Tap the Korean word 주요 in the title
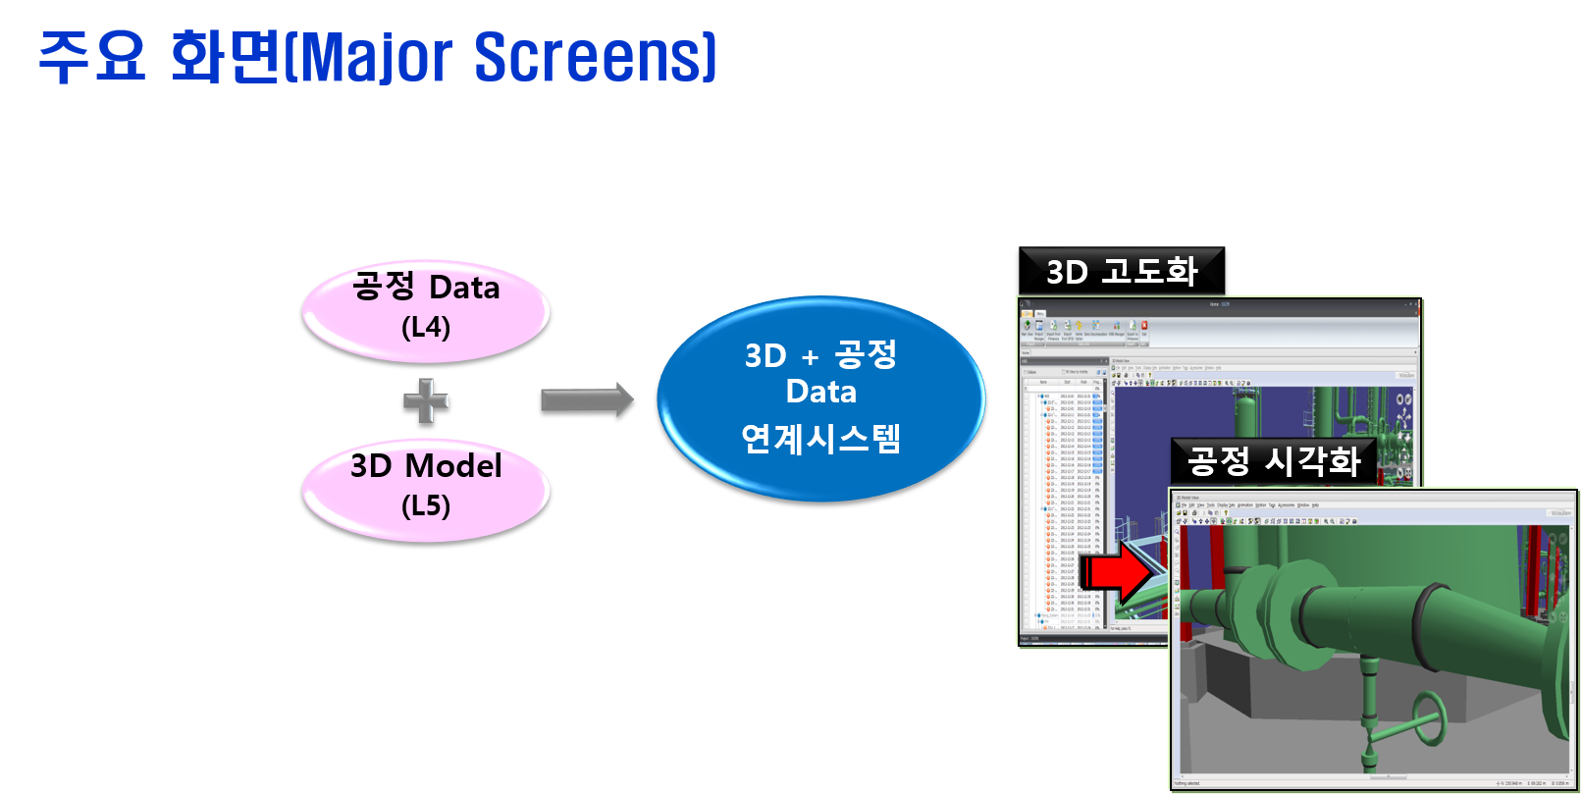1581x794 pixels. coord(91,57)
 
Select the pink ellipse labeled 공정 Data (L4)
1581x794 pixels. coord(426,310)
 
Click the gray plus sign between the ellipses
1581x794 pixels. coord(426,400)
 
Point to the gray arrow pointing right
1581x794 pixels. coord(586,399)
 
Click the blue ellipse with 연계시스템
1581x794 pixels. coord(820,398)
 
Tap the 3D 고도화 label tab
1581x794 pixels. coord(1122,271)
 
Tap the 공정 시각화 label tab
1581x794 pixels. coord(1274,460)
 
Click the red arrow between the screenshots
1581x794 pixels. coord(1119,573)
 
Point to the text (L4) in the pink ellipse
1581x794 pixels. coord(426,327)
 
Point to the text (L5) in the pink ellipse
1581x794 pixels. coord(426,505)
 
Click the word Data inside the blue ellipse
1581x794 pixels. coord(820,392)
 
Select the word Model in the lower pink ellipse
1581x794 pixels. coord(453,466)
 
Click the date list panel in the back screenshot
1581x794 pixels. coord(1065,501)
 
